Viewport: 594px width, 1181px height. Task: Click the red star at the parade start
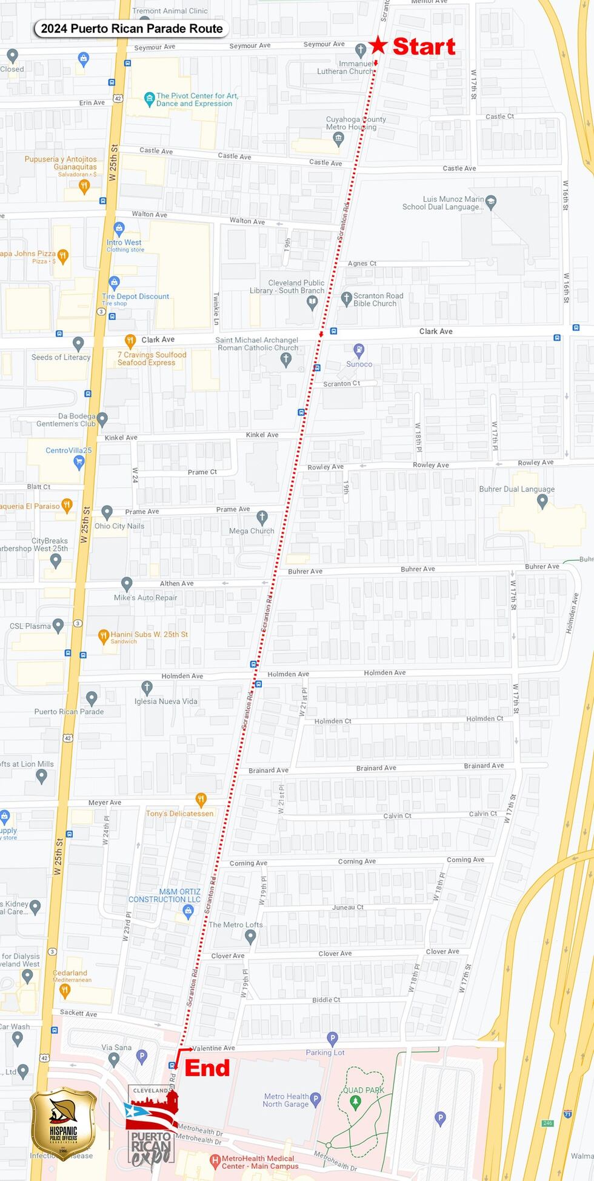click(378, 44)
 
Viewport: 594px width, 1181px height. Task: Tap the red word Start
click(424, 47)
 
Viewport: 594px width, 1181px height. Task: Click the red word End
click(207, 1068)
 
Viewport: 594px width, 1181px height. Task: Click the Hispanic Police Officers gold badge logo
click(63, 1123)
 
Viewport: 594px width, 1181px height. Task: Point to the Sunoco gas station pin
click(359, 350)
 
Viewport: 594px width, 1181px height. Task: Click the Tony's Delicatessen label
click(179, 813)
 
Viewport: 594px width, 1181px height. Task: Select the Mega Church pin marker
click(262, 517)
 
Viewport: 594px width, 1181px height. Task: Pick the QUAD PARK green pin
click(356, 1100)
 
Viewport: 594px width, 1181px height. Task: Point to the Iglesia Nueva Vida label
click(166, 701)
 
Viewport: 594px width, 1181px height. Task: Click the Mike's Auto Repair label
click(145, 597)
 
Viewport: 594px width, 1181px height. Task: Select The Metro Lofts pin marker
click(250, 936)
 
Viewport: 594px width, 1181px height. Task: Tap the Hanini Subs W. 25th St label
click(149, 634)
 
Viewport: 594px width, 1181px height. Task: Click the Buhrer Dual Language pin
click(542, 501)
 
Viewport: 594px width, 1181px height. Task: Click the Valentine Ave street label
click(213, 1048)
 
